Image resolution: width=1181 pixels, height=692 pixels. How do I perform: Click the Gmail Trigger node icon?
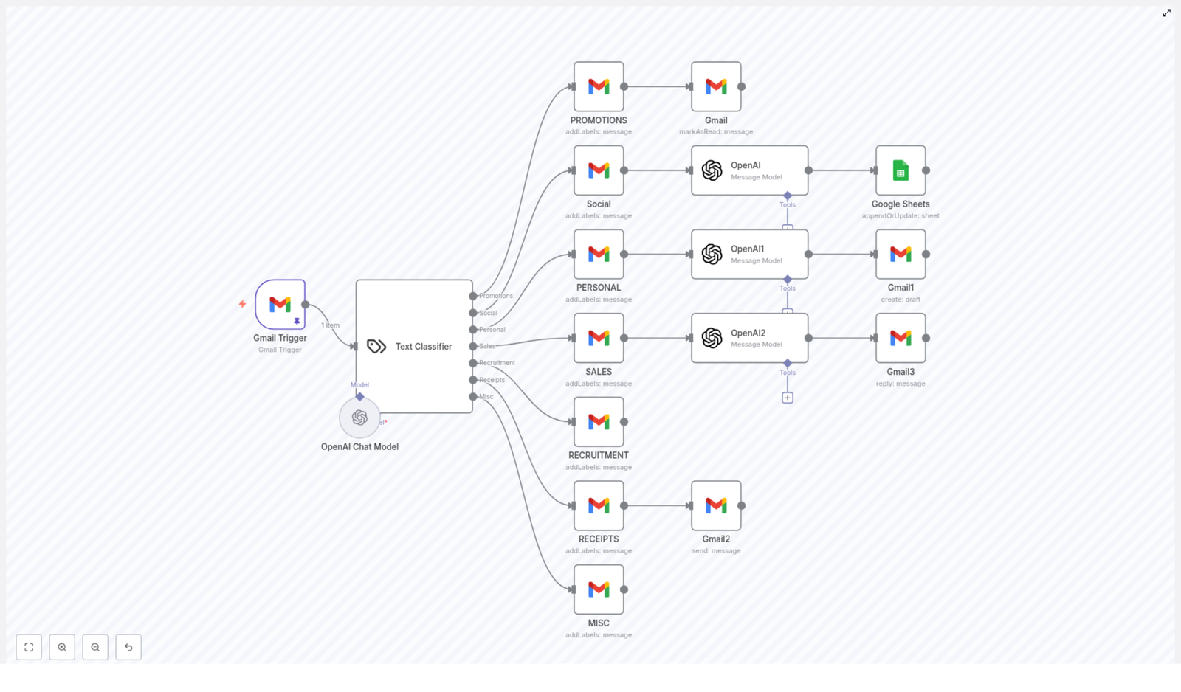280,304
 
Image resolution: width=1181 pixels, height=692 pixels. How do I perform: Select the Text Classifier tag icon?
376,346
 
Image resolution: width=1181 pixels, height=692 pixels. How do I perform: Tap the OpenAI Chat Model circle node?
359,418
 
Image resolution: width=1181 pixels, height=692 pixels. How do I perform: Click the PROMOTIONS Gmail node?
599,86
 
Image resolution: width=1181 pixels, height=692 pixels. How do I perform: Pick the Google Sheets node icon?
901,170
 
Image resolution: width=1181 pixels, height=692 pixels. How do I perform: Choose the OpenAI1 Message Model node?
749,254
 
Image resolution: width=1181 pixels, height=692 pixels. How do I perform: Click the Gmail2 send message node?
716,505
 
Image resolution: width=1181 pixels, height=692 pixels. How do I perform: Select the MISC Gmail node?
599,589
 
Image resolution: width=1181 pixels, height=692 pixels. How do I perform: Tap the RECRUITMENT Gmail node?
599,422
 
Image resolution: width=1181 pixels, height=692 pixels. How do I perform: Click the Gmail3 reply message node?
901,338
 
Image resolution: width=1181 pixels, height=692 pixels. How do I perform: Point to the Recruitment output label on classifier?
497,363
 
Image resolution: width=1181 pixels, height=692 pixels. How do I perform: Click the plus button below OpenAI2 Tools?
788,398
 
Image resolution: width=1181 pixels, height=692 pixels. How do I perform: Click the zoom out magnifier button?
95,647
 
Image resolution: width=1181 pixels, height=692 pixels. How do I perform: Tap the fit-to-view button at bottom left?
29,647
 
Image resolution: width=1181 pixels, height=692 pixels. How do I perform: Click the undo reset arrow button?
128,647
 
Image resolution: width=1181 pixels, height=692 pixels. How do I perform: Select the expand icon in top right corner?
1167,13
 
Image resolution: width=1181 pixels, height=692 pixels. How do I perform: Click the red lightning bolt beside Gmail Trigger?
242,304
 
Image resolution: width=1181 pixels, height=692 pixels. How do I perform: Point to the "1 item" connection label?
330,325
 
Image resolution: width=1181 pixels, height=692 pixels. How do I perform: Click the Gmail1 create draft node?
901,254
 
